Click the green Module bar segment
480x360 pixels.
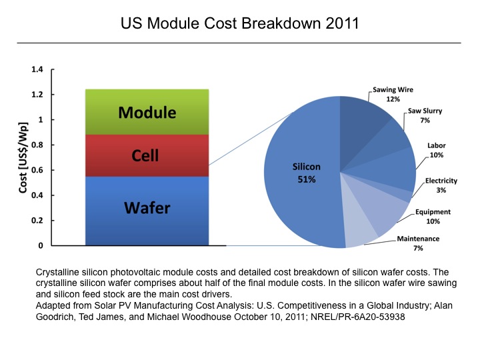pyautogui.click(x=147, y=112)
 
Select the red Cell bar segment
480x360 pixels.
pyautogui.click(x=147, y=155)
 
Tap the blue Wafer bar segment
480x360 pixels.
pyautogui.click(x=147, y=209)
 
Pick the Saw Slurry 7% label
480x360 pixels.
pyautogui.click(x=425, y=115)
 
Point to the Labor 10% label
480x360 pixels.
pyautogui.click(x=437, y=150)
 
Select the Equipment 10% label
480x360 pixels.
pyautogui.click(x=433, y=216)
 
